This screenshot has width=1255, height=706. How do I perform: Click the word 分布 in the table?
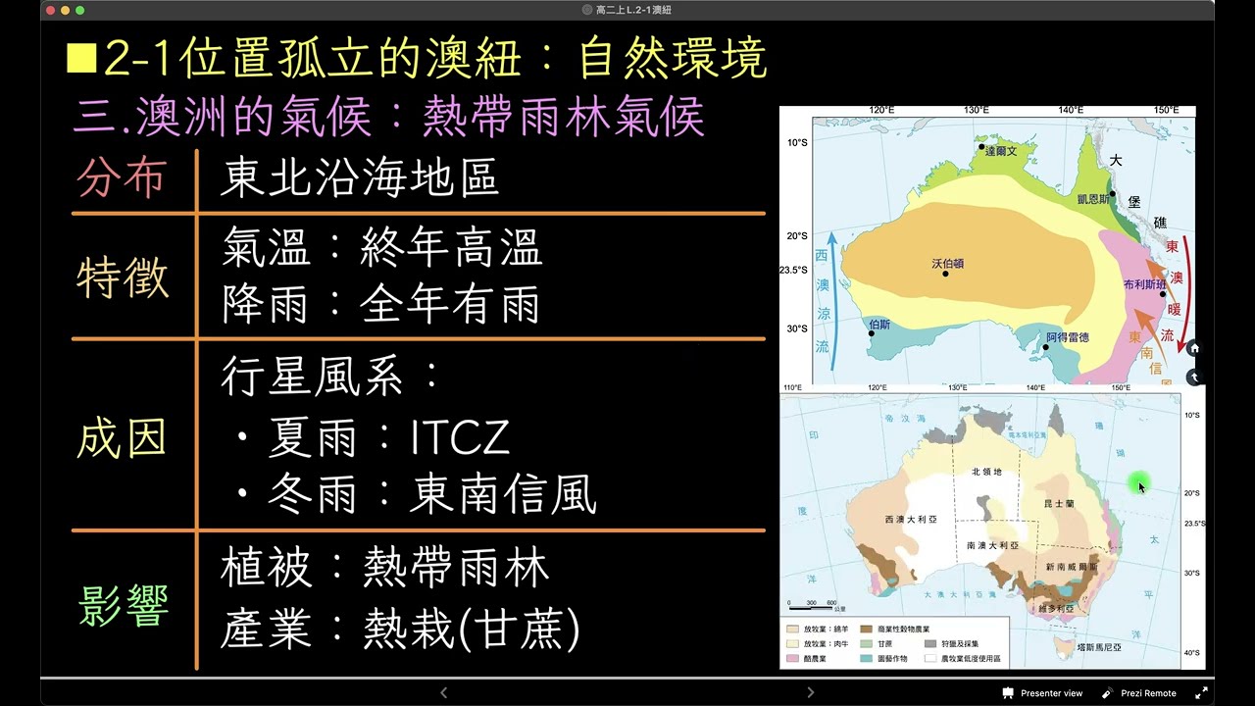coord(121,178)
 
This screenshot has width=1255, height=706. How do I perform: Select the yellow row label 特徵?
coord(123,277)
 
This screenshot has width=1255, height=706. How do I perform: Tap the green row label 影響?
coord(124,605)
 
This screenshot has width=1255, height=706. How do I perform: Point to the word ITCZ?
coord(460,438)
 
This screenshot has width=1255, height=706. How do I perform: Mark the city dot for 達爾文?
coord(981,147)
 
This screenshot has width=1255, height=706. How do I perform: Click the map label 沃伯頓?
coord(947,263)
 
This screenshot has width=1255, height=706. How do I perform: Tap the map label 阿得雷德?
coord(1067,337)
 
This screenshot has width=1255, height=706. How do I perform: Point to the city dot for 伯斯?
coord(871,333)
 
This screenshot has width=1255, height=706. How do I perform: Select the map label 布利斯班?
coord(1144,284)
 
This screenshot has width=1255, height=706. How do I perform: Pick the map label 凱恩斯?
coord(1093,197)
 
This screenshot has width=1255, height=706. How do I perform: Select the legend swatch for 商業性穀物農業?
coord(867,629)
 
